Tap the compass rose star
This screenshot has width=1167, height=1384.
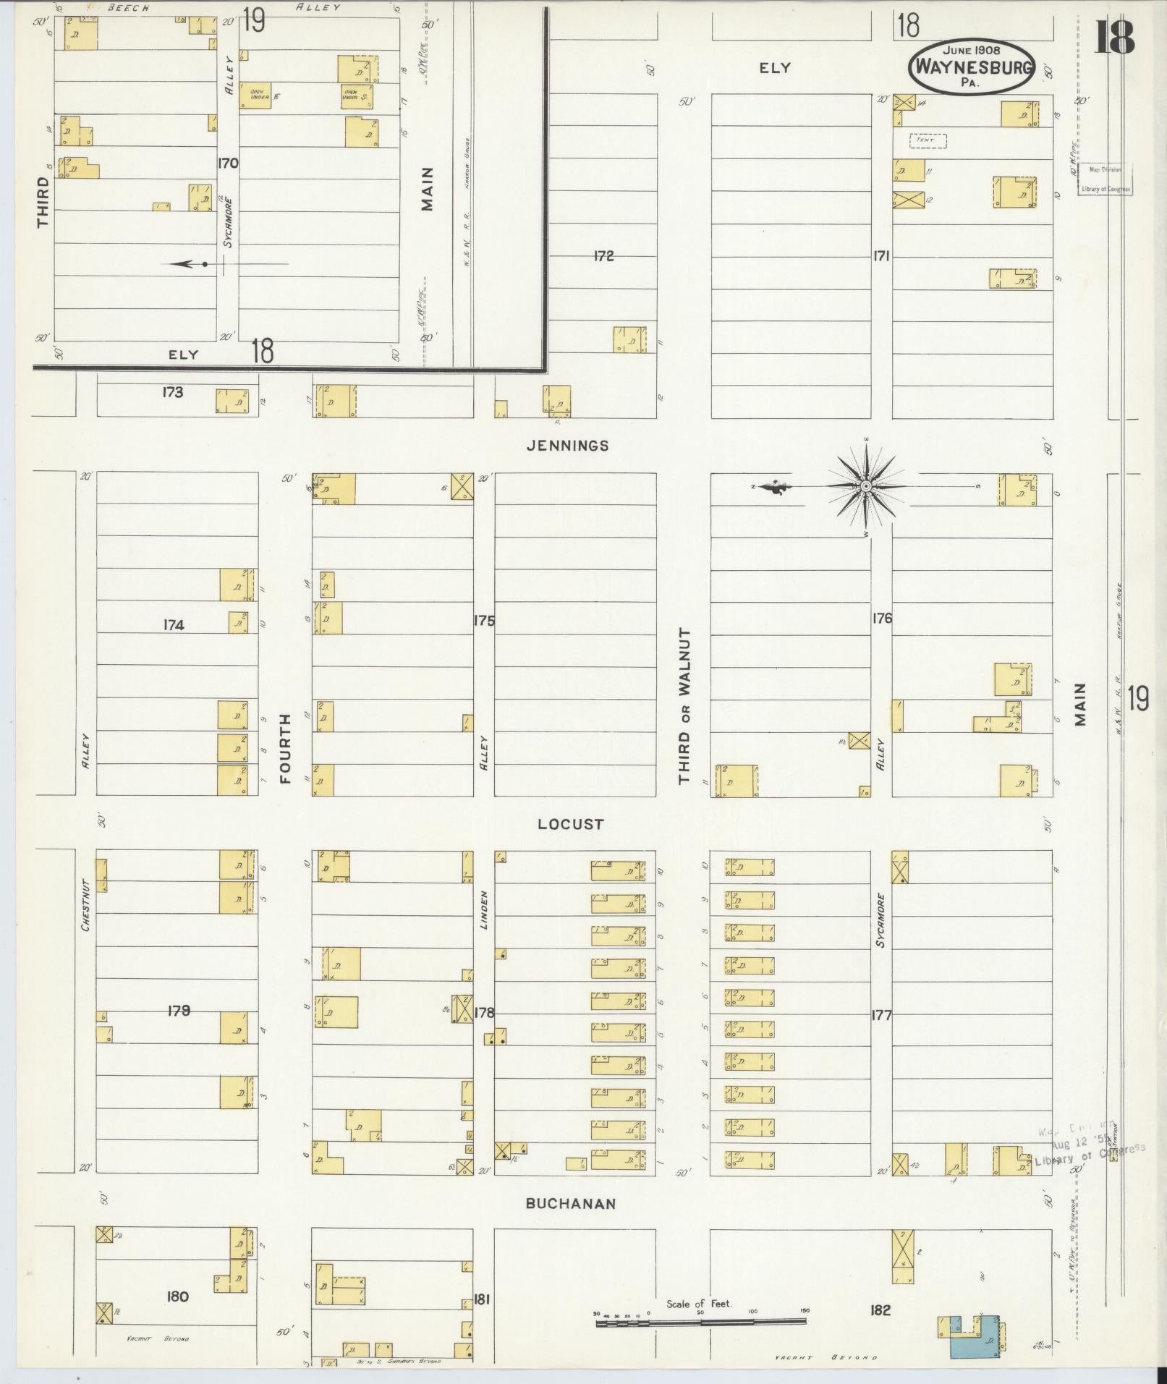[865, 487]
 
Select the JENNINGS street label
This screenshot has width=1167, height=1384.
[568, 446]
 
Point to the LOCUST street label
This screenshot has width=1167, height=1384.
[570, 824]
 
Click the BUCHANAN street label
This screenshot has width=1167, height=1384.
[570, 1204]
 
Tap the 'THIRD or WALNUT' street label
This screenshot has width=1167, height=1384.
[684, 706]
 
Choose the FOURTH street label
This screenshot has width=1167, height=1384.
[285, 748]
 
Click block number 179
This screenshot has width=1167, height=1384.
[178, 1011]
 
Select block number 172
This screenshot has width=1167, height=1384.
[603, 256]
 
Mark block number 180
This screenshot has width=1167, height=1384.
[177, 1296]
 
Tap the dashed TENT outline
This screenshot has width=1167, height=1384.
[928, 140]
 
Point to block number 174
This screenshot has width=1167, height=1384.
[173, 625]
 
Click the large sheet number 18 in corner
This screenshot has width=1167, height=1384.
[1114, 38]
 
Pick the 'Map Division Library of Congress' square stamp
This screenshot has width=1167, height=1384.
[1105, 179]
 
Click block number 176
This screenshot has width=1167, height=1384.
[882, 619]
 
